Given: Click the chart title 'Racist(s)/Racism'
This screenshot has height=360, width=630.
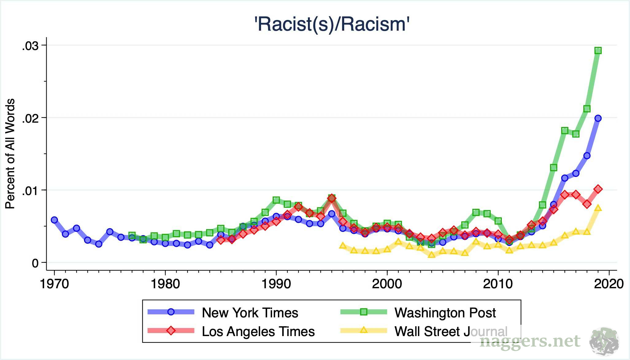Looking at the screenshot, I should tap(332, 25).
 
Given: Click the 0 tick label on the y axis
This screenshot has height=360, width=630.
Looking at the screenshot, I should tap(35, 263).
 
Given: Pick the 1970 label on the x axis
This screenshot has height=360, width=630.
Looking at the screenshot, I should tap(55, 284).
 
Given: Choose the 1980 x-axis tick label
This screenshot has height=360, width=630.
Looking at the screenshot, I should tap(165, 284).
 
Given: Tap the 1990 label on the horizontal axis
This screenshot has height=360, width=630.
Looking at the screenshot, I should tap(276, 284).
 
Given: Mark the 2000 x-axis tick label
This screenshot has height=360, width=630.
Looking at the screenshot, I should tap(387, 284).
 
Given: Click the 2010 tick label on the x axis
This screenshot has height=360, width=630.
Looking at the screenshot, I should tap(498, 284).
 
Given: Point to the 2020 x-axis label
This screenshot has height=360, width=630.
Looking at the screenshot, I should tap(609, 284).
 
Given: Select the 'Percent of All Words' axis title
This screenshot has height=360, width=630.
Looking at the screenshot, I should tap(10, 154).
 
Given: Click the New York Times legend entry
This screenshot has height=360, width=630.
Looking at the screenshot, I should tap(250, 313).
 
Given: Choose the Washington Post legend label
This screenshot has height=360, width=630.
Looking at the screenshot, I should tap(445, 313).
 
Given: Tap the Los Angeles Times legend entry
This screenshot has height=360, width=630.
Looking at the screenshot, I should tap(258, 331).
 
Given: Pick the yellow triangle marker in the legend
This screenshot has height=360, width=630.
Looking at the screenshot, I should tap(364, 330).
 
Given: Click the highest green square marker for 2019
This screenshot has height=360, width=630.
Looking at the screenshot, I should tap(598, 50).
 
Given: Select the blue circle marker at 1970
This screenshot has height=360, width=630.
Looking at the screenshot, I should tap(54, 220).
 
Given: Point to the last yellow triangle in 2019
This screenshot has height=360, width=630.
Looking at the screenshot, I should tap(598, 208).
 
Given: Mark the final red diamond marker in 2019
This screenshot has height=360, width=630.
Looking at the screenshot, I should tap(598, 189).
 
